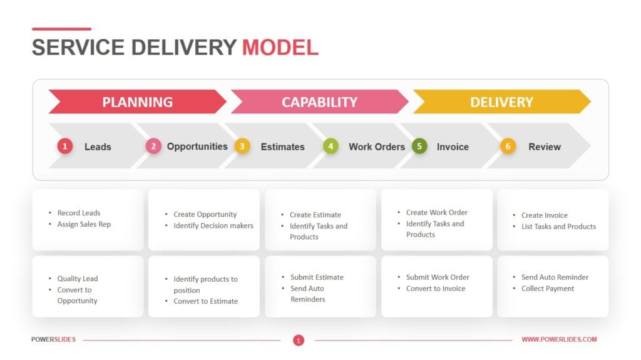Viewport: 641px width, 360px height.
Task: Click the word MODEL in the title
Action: pos(280,48)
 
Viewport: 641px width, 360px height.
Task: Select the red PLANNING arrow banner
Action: pos(137,102)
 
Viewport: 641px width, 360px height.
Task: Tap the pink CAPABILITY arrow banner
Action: pos(319,102)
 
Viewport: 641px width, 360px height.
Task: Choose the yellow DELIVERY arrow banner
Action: pos(501,102)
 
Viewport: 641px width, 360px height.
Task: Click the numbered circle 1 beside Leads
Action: pos(65,147)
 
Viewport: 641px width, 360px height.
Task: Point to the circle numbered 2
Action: pos(153,147)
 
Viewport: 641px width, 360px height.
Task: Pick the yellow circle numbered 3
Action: pos(242,147)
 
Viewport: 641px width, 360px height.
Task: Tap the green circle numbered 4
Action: pos(330,147)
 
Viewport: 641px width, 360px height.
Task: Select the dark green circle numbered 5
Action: pos(419,147)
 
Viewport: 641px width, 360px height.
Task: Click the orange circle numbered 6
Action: pos(508,147)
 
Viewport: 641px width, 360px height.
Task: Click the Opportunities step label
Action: pos(197,147)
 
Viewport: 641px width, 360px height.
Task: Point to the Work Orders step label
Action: pos(377,147)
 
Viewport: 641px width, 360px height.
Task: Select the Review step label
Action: pos(545,147)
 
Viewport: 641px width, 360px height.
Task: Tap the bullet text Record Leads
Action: pos(79,213)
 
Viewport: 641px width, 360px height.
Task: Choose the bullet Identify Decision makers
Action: pos(213,225)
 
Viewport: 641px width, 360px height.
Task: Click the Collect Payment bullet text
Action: pos(548,289)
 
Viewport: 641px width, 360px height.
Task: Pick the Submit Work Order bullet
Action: pos(438,277)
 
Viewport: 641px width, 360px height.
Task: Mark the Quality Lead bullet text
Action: pos(78,279)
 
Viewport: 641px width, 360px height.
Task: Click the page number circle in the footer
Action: pos(299,340)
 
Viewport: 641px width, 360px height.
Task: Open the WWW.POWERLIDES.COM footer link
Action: pos(559,339)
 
